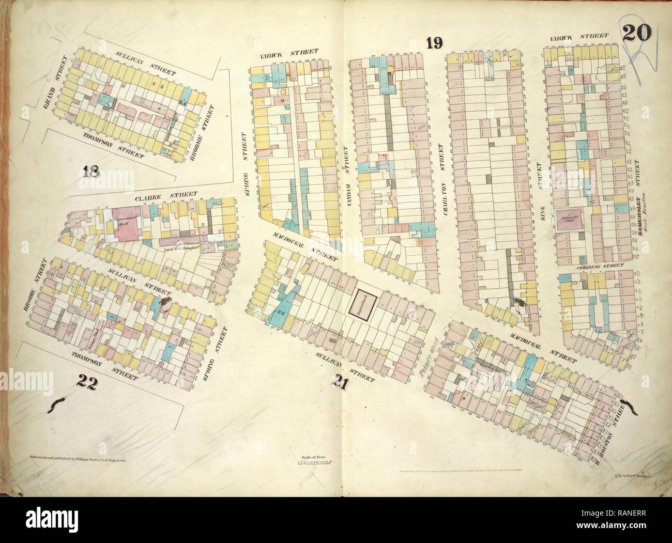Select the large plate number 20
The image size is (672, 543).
(x=638, y=36)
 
